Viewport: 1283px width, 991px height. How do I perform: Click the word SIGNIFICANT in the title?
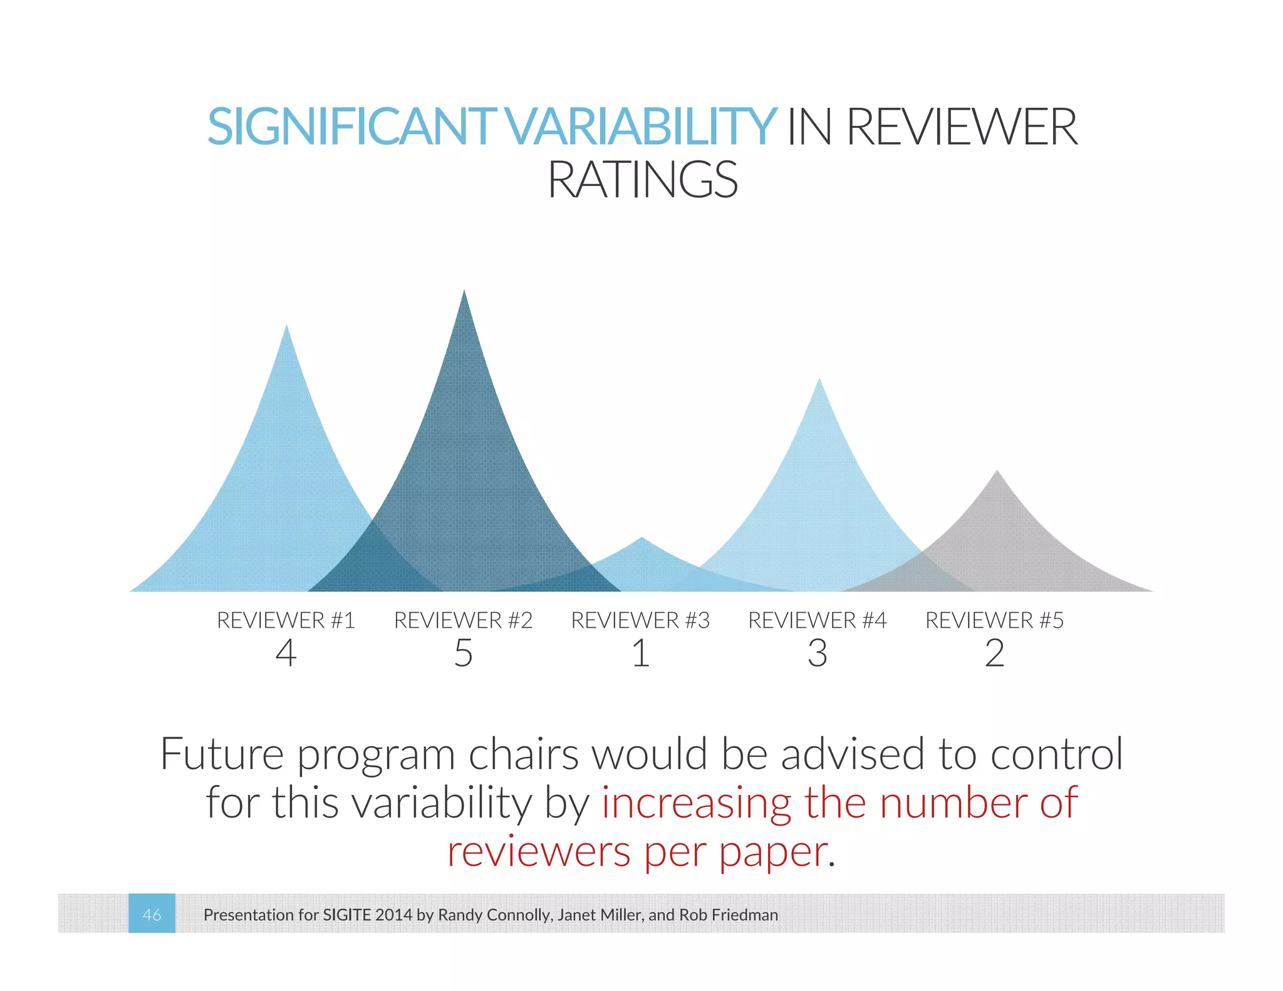pyautogui.click(x=351, y=127)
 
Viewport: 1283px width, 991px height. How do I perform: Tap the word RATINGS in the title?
pyautogui.click(x=642, y=180)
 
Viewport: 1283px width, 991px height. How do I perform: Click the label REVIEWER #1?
pyautogui.click(x=286, y=620)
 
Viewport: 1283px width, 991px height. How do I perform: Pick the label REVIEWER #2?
pyautogui.click(x=463, y=620)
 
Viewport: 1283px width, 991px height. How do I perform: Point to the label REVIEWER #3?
pyautogui.click(x=640, y=620)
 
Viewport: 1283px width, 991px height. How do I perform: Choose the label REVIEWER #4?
pyautogui.click(x=818, y=620)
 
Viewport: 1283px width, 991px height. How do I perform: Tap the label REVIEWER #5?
pyautogui.click(x=994, y=620)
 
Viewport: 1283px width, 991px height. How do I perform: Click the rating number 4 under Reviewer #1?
pyautogui.click(x=286, y=653)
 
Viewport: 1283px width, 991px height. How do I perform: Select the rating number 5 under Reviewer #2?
pyautogui.click(x=463, y=653)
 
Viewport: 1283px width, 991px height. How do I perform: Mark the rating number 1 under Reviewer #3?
pyautogui.click(x=640, y=653)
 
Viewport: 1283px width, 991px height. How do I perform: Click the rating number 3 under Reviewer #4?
pyautogui.click(x=818, y=653)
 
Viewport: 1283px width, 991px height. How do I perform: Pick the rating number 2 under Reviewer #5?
pyautogui.click(x=994, y=653)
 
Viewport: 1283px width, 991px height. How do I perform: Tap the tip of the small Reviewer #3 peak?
pyautogui.click(x=641, y=539)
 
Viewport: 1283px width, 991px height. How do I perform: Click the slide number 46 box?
pyautogui.click(x=152, y=913)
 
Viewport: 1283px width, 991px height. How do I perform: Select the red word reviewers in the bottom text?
pyautogui.click(x=539, y=852)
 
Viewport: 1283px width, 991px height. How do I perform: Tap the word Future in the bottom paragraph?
pyautogui.click(x=222, y=754)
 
